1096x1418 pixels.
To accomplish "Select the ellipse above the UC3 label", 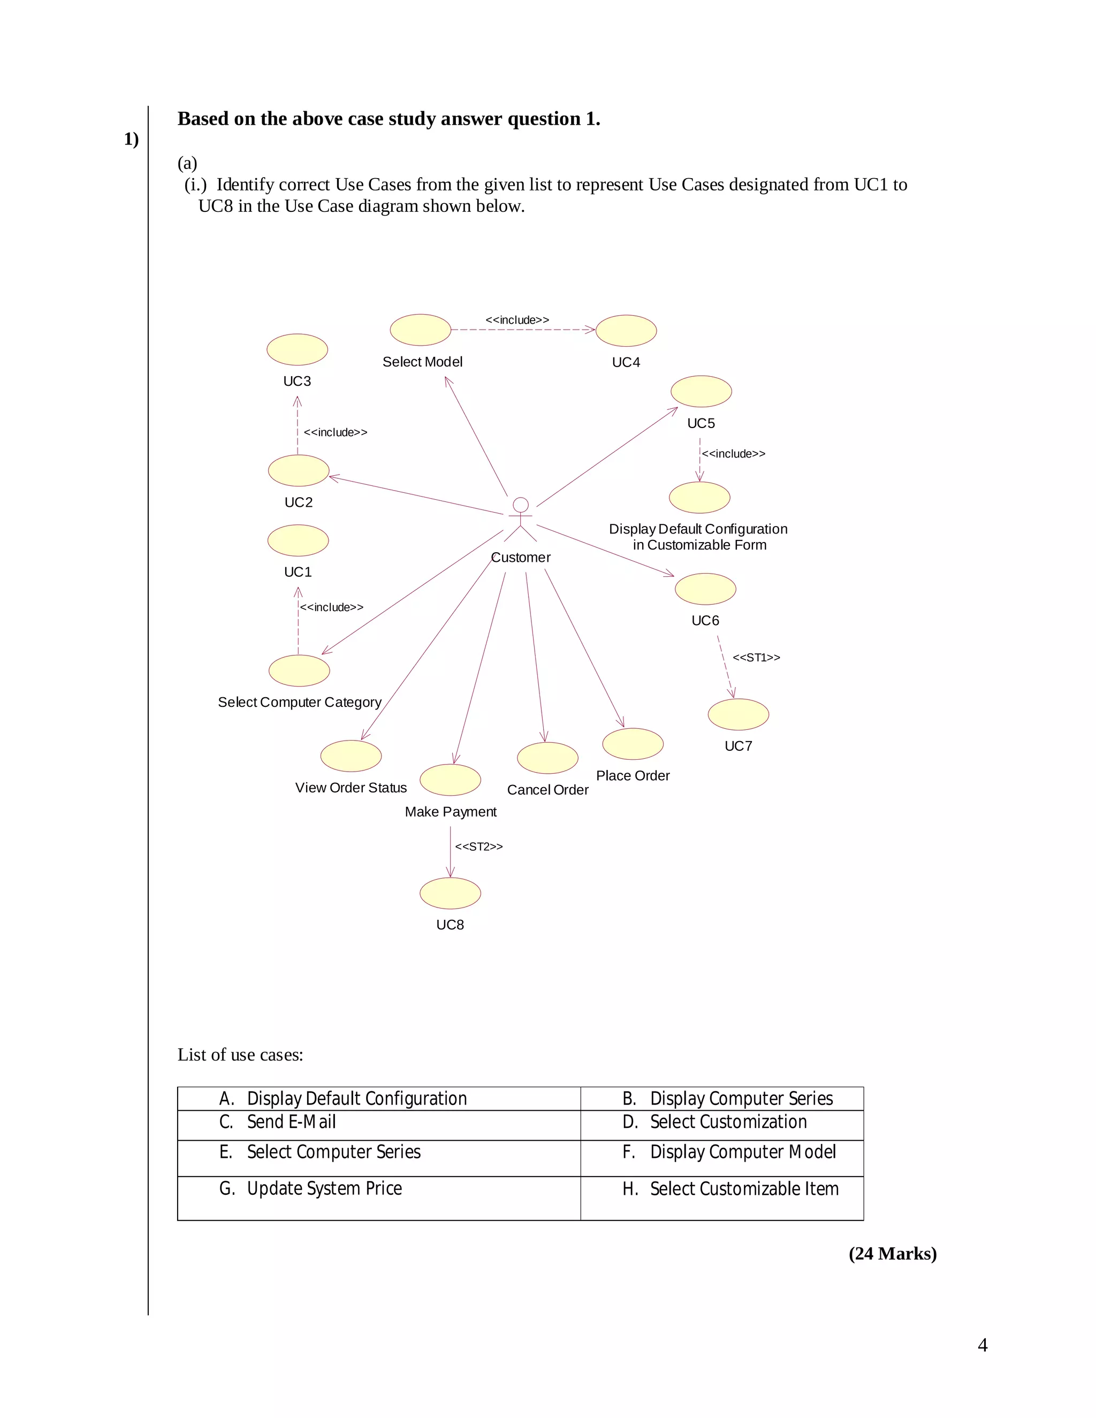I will [298, 350].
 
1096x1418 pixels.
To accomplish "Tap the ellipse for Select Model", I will [421, 330].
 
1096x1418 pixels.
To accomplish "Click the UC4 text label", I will [626, 362].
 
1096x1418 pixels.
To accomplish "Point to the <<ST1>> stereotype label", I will [756, 658].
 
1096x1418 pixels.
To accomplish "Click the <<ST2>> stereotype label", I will [478, 847].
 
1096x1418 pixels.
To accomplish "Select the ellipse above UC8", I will [450, 894].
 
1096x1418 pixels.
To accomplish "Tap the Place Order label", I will [633, 776].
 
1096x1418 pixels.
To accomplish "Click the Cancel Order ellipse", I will [547, 758].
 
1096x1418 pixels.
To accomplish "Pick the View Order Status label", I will [351, 788].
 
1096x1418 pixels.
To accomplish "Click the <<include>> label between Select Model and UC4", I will [517, 320].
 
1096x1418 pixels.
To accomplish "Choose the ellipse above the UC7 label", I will [738, 715].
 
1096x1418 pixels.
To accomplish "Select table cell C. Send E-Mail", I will [378, 1122].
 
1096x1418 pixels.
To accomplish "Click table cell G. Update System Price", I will [378, 1189].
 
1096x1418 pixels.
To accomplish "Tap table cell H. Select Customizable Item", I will [722, 1189].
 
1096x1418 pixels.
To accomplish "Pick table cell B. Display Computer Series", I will [722, 1099].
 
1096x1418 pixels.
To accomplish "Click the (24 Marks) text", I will [892, 1254].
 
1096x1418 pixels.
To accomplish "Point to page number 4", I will [983, 1345].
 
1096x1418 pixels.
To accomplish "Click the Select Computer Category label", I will [299, 703].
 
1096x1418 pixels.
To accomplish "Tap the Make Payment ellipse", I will [450, 780].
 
